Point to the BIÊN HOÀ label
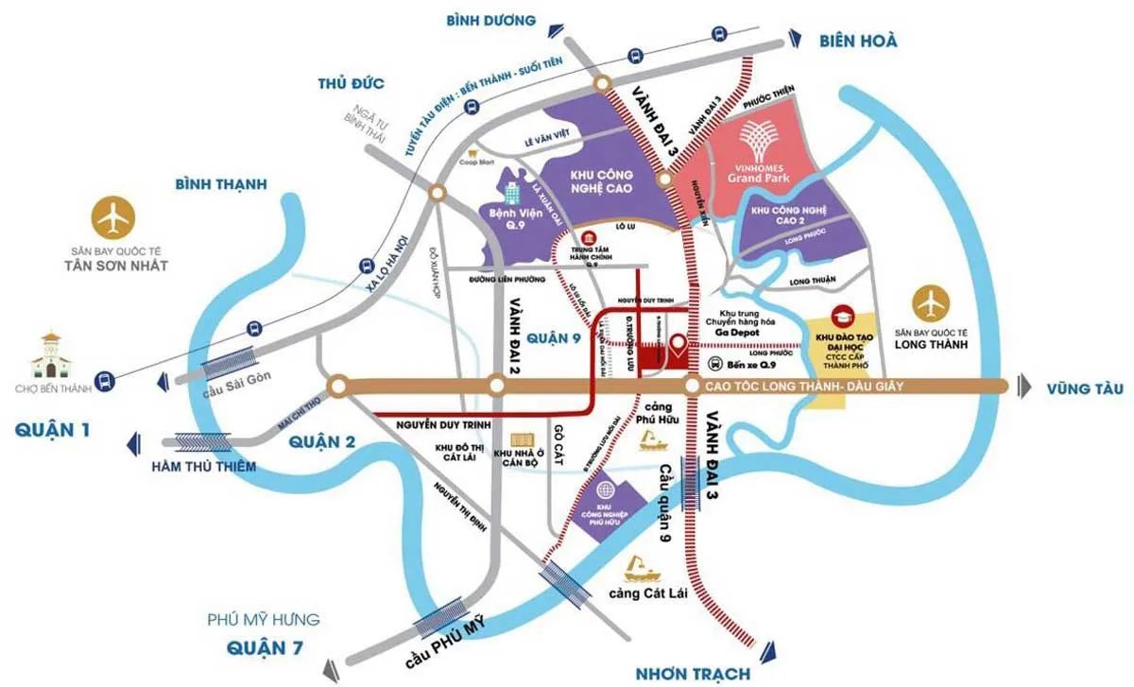point(858,40)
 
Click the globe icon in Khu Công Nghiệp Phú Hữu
point(604,491)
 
